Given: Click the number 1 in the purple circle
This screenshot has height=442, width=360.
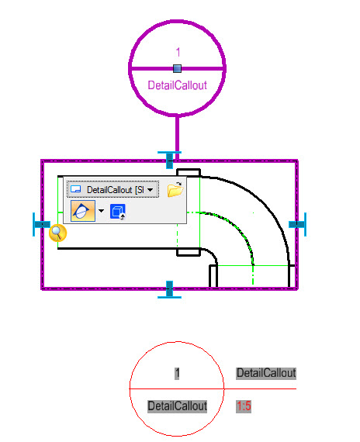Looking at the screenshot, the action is click(178, 53).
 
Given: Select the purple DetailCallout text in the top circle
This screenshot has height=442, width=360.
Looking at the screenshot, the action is click(177, 85).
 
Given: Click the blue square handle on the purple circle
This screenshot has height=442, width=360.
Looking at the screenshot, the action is click(177, 68).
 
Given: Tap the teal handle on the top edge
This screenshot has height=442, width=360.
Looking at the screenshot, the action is click(169, 160).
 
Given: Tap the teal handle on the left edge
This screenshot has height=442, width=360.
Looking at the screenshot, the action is click(41, 224).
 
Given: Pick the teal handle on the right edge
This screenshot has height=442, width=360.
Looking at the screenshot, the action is click(298, 224).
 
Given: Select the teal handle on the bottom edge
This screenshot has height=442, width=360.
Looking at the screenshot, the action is click(169, 289).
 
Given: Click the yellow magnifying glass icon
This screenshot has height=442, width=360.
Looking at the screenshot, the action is click(58, 233).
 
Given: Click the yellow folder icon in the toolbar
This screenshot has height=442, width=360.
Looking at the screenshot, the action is click(175, 189).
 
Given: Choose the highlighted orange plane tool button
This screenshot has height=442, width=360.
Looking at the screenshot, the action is click(83, 211).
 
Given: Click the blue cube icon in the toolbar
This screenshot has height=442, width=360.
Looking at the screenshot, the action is click(118, 212).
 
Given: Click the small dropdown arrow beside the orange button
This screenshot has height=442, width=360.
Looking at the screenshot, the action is click(101, 211).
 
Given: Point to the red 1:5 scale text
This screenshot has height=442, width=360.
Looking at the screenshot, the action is click(244, 406).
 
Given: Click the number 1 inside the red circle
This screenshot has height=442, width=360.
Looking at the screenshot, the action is click(177, 374).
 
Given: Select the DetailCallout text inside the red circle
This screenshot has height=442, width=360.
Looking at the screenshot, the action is click(177, 406).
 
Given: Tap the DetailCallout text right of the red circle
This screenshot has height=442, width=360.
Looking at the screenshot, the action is click(266, 373).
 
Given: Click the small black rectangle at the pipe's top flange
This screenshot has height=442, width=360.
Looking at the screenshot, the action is click(189, 173).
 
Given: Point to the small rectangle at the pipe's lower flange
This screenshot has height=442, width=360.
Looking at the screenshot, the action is click(189, 252).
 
